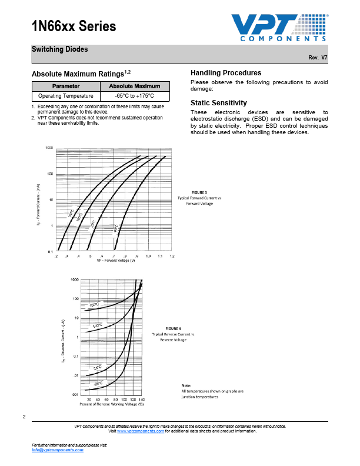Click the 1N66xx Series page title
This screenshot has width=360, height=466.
click(74, 26)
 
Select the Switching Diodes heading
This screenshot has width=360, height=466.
click(59, 49)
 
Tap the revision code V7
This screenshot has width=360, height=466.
click(324, 58)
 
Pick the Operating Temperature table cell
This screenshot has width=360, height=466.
click(66, 95)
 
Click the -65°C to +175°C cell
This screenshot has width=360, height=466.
click(135, 95)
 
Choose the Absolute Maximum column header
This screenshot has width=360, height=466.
click(135, 86)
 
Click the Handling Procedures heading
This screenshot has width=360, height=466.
click(226, 72)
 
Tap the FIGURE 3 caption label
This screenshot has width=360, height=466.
click(199, 192)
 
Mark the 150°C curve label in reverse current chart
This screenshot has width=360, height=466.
click(94, 305)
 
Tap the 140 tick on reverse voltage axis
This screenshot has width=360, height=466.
click(141, 399)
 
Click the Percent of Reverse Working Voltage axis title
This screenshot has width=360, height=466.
click(111, 404)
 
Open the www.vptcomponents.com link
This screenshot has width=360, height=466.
click(141, 431)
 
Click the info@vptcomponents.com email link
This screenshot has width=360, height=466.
click(58, 450)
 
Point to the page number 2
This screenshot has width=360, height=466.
click(24, 417)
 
